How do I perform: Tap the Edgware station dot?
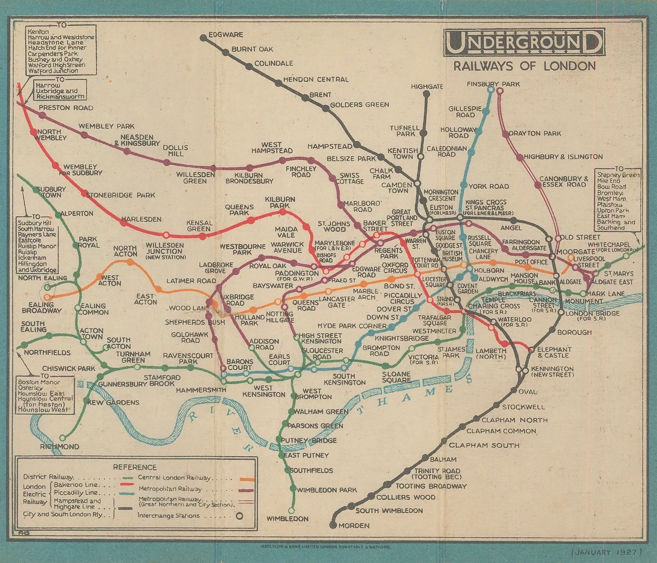tap(203, 38)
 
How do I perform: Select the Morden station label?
tap(354, 526)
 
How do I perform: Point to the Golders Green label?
tap(359, 105)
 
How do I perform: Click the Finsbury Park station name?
tap(493, 84)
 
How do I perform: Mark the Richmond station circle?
tap(62, 438)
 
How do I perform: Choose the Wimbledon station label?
tap(287, 519)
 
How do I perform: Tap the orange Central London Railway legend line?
tap(247, 479)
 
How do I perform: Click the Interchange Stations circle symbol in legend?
tap(239, 516)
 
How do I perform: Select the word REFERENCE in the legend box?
tap(135, 467)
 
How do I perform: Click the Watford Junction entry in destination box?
tap(53, 71)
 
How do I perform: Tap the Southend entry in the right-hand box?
tap(611, 228)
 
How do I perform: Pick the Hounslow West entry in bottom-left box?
tap(43, 410)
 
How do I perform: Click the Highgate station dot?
tap(427, 94)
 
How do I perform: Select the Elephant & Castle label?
tap(554, 352)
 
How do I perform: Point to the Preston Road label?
tap(66, 108)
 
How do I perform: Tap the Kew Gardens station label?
tap(113, 402)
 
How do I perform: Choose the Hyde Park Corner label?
tap(352, 326)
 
